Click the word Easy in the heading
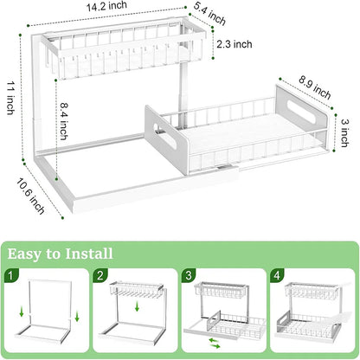[x=29, y=254]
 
